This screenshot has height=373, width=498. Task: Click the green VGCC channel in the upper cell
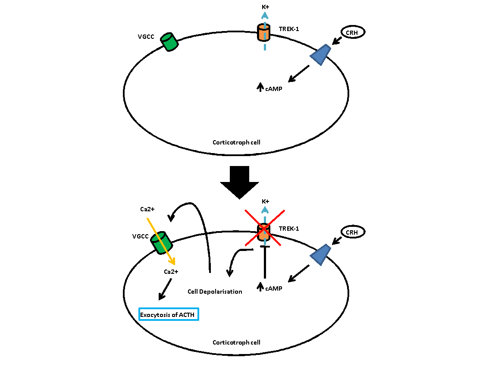169,42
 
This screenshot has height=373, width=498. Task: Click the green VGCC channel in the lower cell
161,242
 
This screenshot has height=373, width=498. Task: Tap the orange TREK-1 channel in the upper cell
264,33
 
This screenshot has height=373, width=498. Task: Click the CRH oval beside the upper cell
353,31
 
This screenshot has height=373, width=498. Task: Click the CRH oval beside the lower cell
353,232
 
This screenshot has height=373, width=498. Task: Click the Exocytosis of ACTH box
169,314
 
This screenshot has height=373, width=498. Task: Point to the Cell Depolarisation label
215,292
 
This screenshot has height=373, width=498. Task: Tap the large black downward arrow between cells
239,182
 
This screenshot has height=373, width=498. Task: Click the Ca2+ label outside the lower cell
147,210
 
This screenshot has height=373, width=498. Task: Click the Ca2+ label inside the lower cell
171,272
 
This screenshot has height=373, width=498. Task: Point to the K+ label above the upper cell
265,7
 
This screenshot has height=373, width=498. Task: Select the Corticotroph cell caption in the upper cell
236,142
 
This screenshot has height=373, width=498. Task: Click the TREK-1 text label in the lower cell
289,229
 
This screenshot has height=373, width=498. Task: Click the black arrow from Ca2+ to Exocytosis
165,289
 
